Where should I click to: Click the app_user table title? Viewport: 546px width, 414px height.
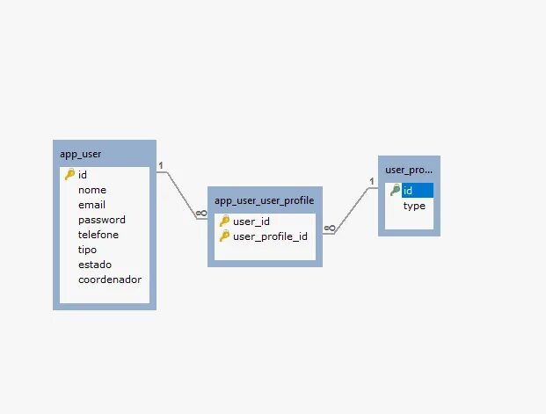[x=81, y=154]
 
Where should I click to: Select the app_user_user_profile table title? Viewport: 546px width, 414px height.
[x=264, y=200]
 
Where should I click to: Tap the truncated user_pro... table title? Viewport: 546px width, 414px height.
[x=409, y=170]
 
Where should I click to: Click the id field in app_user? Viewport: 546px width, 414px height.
[x=83, y=175]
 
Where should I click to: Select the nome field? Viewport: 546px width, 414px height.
[x=92, y=190]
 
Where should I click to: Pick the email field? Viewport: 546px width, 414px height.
[x=91, y=205]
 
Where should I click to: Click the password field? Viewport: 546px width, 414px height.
[x=102, y=220]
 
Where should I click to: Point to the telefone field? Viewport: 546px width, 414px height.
[x=98, y=235]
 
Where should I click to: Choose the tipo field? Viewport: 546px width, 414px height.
[x=88, y=250]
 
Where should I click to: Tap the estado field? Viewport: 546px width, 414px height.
[x=95, y=265]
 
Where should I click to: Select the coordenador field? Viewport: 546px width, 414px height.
[x=110, y=280]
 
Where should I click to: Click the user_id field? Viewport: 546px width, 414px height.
[x=251, y=222]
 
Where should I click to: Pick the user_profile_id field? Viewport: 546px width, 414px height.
[x=270, y=236]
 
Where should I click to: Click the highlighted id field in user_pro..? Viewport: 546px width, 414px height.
[x=408, y=191]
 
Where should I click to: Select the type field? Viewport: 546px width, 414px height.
[x=414, y=206]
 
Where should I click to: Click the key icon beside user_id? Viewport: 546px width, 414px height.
[x=224, y=222]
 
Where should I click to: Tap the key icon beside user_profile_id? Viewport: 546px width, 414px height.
[x=224, y=236]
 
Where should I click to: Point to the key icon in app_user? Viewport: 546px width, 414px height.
[x=70, y=175]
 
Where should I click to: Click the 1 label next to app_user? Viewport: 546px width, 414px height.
[x=162, y=164]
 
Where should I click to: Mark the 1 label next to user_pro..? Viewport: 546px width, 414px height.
[x=372, y=182]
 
